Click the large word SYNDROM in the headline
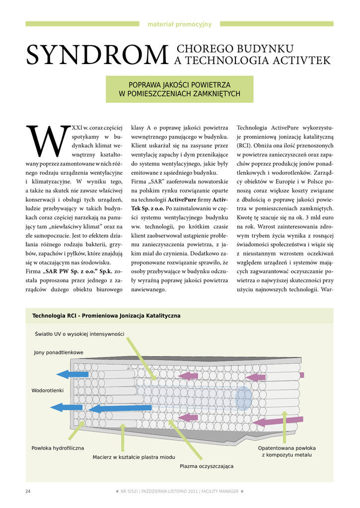point(97,55)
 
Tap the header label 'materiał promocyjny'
point(180,24)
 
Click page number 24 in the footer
point(28,491)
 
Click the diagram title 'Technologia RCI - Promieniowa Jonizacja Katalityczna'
point(106,316)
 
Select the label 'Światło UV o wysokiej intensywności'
point(79,334)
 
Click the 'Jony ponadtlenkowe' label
point(59,352)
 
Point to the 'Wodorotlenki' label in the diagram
point(48,390)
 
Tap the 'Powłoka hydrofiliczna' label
point(58,448)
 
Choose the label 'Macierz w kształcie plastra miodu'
point(134,457)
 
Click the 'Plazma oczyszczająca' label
point(207,466)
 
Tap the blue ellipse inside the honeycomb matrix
point(243,398)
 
